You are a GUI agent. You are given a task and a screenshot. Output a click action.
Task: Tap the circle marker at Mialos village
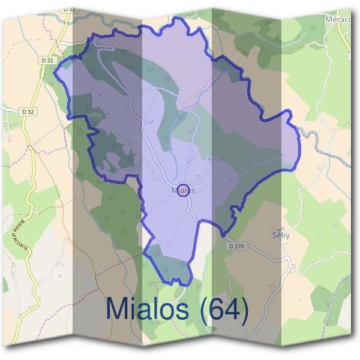point(184,191)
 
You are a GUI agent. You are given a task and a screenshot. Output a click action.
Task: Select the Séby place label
point(281,235)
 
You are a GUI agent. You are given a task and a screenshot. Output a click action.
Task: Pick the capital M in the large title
point(117,309)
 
